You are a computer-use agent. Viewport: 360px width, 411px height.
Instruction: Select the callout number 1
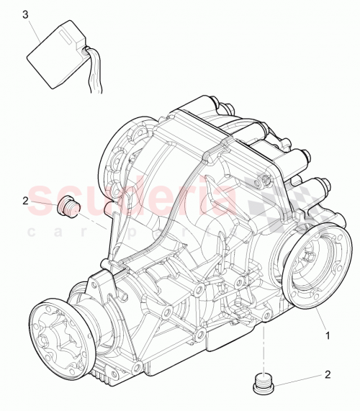coord(327,335)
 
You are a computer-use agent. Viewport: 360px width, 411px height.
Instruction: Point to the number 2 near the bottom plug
coord(328,375)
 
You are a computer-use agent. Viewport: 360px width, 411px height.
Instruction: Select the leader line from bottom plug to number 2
coord(299,377)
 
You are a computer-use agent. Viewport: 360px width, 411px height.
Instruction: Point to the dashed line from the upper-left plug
coord(94,218)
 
